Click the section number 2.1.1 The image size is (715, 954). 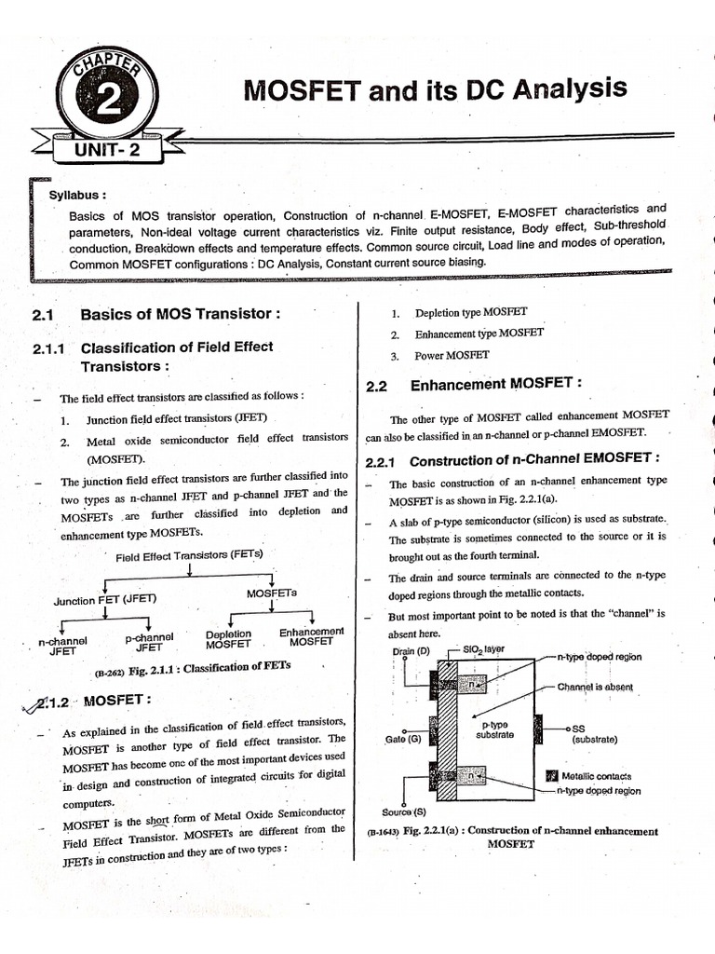47,348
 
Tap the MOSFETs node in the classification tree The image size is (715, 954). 272,593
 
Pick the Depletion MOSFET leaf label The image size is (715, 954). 228,639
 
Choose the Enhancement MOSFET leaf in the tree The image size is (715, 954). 311,636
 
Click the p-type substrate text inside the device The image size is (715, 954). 494,729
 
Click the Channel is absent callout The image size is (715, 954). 595,687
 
